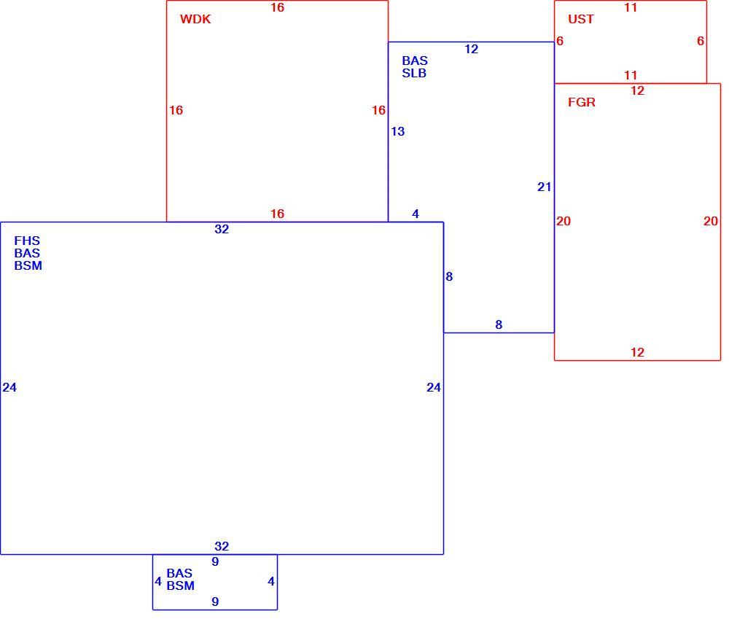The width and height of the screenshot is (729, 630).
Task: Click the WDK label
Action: point(195,19)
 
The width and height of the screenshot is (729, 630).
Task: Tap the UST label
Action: point(581,19)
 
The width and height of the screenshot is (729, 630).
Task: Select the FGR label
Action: point(582,102)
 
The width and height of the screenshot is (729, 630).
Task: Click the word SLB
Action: point(414,74)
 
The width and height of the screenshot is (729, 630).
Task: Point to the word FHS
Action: point(27,241)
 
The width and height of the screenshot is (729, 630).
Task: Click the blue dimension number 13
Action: point(397,131)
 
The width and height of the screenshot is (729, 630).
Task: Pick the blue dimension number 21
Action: point(544,187)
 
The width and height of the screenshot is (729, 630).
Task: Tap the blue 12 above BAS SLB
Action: point(471,50)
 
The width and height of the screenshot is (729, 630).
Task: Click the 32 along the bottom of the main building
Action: point(222,546)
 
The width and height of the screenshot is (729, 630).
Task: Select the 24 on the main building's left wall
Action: point(9,388)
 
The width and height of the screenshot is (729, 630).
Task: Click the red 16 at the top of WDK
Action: point(277,8)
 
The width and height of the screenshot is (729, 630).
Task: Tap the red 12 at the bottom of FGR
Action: point(637,352)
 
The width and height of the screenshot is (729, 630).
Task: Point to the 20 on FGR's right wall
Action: point(710,222)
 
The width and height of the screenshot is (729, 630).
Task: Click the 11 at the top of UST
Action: point(631,8)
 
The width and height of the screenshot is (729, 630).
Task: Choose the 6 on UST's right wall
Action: point(700,42)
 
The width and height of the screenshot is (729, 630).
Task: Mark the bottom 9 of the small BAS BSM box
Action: point(215,602)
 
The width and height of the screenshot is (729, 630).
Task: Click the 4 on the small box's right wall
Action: point(271,582)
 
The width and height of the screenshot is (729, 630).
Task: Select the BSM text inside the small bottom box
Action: point(180,586)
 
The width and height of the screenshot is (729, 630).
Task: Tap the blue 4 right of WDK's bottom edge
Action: point(416,214)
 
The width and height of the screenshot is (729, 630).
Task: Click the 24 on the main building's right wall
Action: point(433,388)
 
